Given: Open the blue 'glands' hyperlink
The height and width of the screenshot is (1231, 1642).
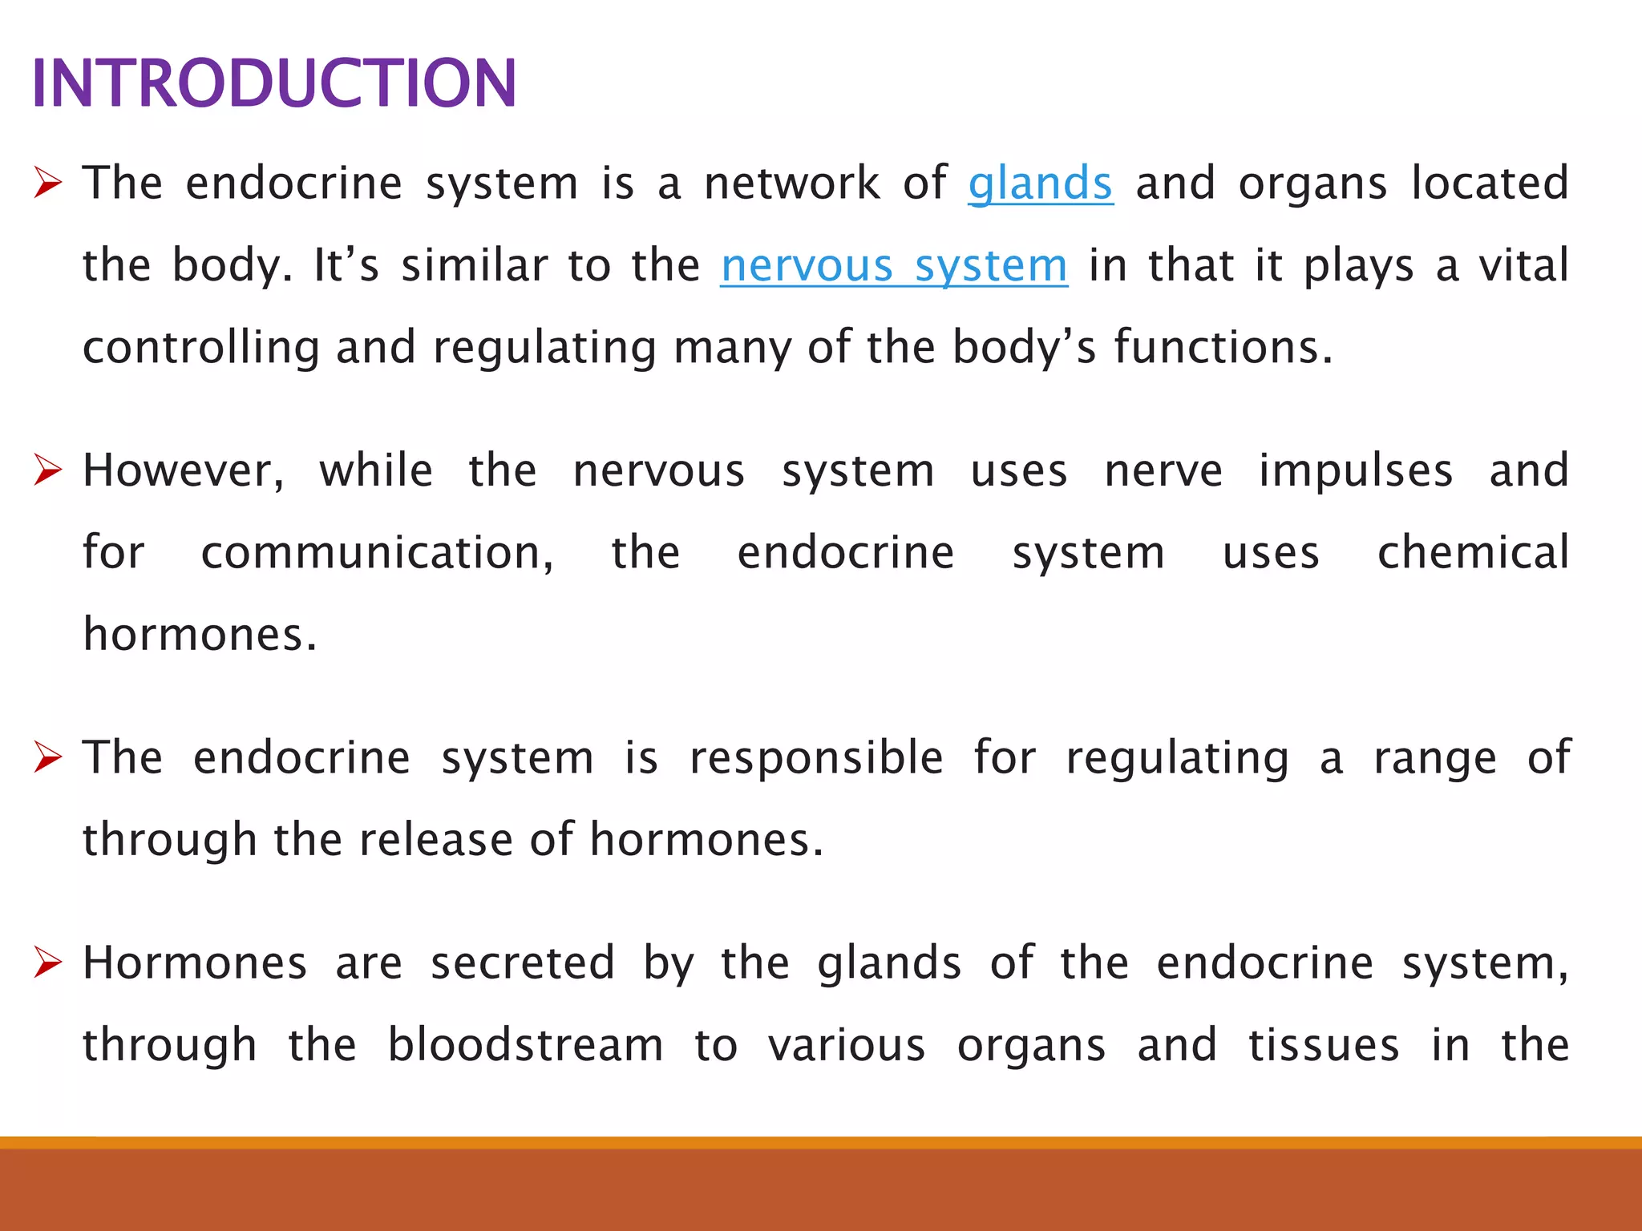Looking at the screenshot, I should (1040, 184).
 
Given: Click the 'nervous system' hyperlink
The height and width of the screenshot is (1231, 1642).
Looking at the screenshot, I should (894, 265).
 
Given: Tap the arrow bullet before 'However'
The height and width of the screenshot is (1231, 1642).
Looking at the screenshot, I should (48, 470).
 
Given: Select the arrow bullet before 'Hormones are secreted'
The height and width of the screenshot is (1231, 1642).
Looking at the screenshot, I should (48, 963).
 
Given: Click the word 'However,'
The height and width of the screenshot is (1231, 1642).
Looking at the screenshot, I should (184, 470).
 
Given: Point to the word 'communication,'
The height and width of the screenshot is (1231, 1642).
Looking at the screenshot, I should (377, 553).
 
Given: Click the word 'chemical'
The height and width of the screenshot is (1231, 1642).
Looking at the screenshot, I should (1473, 553).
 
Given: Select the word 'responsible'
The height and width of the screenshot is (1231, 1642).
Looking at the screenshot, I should (816, 758).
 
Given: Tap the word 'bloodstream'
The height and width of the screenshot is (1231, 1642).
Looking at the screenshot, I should (525, 1045).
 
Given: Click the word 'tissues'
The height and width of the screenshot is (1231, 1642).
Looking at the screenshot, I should (1324, 1045).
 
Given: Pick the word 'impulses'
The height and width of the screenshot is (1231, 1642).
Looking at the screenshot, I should (1355, 470).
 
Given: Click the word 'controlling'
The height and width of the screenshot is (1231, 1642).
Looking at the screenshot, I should (200, 348).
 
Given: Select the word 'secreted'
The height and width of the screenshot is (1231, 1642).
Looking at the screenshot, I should (523, 963).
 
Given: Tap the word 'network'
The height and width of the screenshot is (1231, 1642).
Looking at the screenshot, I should (791, 184).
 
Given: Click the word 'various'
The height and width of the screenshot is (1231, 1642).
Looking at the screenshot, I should (847, 1045).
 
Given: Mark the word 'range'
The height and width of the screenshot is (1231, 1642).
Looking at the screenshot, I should (1434, 758).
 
